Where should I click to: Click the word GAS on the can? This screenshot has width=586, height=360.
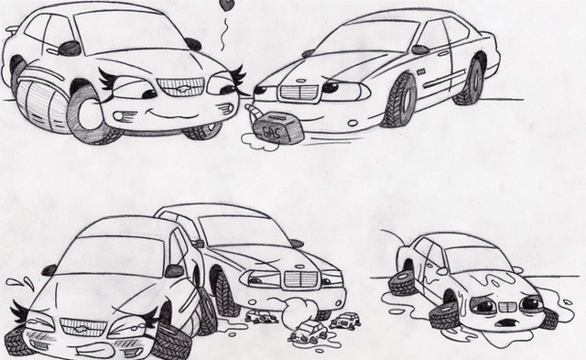[271, 132]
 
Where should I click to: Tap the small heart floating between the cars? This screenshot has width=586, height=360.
[226, 5]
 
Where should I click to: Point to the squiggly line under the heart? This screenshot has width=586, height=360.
[224, 35]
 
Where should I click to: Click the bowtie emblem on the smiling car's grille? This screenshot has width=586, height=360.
[181, 89]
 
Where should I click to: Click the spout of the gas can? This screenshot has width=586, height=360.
[253, 110]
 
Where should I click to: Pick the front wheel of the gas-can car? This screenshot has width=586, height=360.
[401, 100]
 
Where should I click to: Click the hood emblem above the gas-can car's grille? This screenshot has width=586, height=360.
[301, 80]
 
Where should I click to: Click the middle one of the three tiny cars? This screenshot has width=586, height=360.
[309, 332]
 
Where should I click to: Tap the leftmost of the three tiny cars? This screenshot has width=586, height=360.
[262, 317]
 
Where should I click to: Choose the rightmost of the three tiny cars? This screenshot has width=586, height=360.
[346, 322]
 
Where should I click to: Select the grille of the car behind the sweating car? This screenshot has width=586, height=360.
[300, 278]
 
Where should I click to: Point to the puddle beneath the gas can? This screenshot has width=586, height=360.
[259, 143]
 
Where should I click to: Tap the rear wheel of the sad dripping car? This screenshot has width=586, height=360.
[402, 283]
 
